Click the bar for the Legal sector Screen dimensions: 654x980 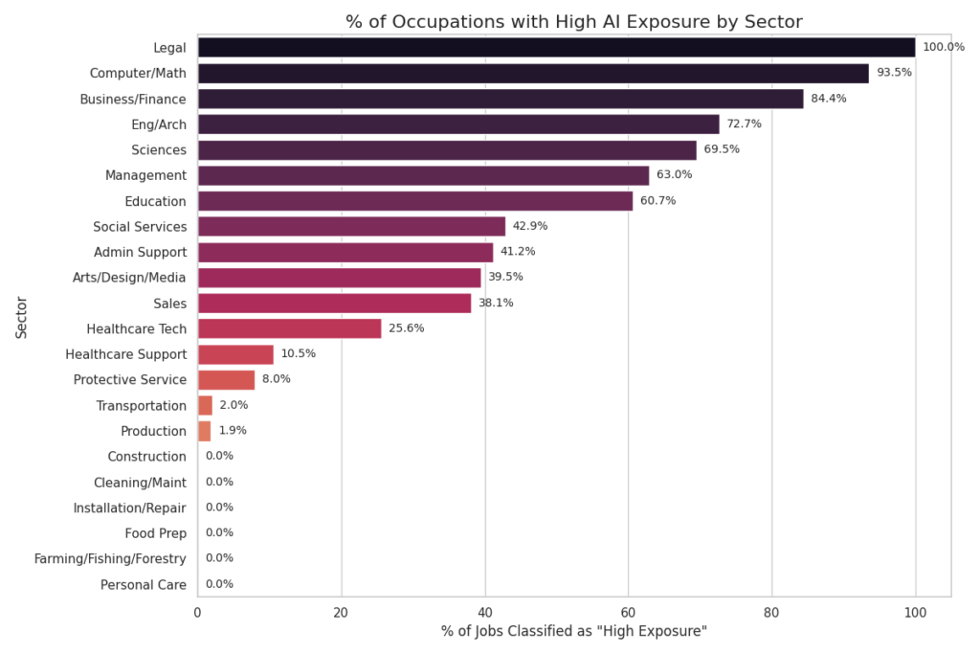coord(555,47)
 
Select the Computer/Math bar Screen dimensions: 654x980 coord(532,73)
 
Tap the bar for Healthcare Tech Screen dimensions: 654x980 coord(289,328)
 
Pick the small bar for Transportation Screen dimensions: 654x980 coord(205,405)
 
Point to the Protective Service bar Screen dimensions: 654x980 coord(226,379)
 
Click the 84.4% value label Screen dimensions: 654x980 coord(829,99)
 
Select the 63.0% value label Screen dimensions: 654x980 coord(674,175)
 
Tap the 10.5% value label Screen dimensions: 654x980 coord(298,354)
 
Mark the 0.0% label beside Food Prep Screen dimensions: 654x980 coord(219,532)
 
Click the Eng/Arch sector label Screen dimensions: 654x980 coord(159,124)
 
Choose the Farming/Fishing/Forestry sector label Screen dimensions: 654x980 coord(110,558)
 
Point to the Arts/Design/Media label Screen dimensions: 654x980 coord(129,278)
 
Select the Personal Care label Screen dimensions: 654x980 coord(144,584)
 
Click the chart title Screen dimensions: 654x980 coord(573,21)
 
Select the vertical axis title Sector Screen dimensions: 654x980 coord(21,316)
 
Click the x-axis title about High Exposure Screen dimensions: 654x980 coord(573,632)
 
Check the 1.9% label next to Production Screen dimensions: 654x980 coord(234,431)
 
